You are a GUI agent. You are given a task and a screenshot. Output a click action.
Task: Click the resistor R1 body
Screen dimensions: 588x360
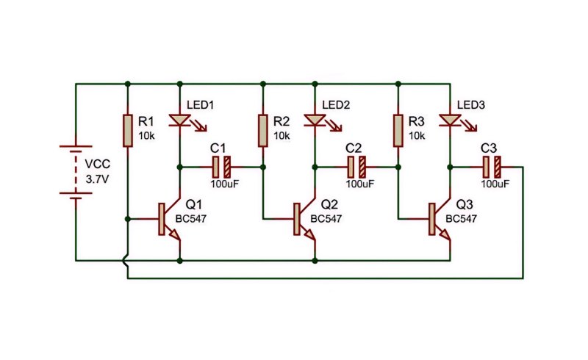tap(128, 131)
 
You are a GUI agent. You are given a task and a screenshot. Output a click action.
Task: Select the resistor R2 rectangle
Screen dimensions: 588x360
tap(263, 131)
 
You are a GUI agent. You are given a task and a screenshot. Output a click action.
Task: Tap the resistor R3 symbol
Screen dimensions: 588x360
tap(398, 131)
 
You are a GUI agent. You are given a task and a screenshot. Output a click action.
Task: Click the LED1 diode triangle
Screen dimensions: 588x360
tap(179, 120)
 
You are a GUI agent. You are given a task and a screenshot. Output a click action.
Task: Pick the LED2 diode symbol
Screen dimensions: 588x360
tap(315, 120)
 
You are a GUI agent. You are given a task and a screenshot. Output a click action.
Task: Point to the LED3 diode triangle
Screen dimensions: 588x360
tap(450, 120)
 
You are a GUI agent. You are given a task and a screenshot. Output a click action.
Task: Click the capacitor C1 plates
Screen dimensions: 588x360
tap(222, 168)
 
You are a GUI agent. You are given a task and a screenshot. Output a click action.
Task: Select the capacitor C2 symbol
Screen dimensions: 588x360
tap(356, 168)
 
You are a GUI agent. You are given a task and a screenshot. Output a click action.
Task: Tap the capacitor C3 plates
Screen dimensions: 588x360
tap(492, 168)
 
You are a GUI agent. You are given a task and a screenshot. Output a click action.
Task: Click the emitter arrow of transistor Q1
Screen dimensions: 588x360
tap(175, 234)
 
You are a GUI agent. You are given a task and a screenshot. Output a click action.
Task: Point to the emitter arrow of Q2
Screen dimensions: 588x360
tap(309, 234)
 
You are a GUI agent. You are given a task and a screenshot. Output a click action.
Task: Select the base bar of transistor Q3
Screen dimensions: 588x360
tap(432, 219)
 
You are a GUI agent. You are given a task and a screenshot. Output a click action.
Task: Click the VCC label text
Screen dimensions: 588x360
tap(98, 165)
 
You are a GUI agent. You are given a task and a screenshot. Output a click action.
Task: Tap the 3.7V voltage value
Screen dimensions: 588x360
tap(97, 179)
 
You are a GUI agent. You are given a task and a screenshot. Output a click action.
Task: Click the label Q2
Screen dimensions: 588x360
tap(329, 204)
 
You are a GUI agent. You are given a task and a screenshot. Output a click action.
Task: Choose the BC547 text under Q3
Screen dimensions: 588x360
tap(462, 219)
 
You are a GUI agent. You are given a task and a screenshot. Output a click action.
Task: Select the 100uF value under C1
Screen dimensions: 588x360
tap(225, 184)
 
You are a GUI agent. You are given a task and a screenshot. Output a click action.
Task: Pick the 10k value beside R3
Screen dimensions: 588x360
tap(417, 136)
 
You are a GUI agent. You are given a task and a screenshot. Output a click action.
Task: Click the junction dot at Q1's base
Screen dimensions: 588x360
tap(128, 219)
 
